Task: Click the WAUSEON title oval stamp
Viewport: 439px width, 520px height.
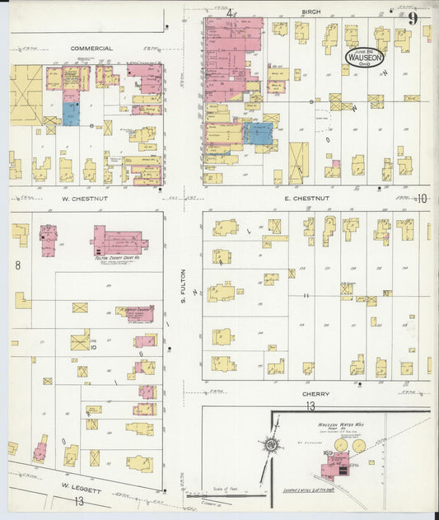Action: click(x=362, y=57)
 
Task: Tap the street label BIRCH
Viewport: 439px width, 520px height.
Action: click(x=311, y=12)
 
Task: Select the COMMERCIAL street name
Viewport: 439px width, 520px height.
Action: click(x=91, y=49)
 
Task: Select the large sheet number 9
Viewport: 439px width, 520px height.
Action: click(x=412, y=17)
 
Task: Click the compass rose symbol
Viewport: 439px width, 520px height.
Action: click(x=270, y=444)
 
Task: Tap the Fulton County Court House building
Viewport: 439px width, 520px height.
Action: click(x=119, y=241)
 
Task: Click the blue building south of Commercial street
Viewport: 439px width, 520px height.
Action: click(x=72, y=114)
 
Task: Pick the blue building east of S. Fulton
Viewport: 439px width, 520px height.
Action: click(x=260, y=134)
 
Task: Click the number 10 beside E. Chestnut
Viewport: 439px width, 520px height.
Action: click(x=422, y=198)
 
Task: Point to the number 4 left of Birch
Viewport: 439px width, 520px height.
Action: click(x=230, y=12)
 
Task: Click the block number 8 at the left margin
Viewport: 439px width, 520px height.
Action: click(x=17, y=265)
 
